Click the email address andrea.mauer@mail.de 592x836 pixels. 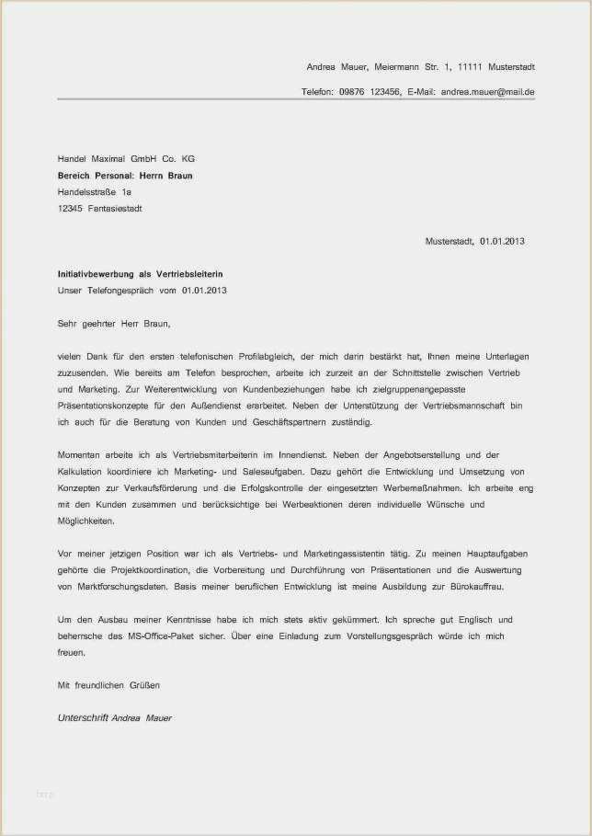point(487,92)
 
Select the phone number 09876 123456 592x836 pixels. point(370,92)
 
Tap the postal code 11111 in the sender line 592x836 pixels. point(469,67)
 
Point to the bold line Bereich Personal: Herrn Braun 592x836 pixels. point(125,175)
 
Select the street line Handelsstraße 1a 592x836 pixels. point(95,191)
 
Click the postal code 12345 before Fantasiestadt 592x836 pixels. point(70,208)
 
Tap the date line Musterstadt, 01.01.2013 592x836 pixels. point(474,241)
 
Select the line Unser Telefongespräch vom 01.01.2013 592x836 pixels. point(142,290)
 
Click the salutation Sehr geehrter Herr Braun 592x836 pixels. point(114,323)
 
